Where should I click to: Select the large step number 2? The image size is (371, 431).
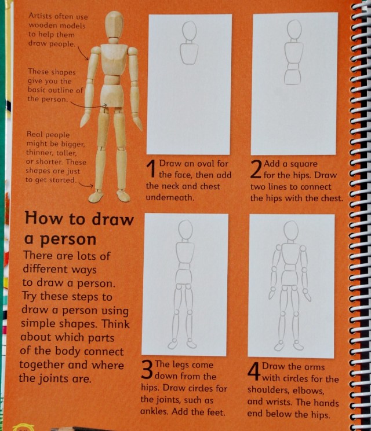256,170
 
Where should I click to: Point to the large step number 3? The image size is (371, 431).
147,370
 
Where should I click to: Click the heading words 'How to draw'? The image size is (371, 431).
78,220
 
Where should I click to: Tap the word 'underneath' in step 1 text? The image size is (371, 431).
171,197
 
